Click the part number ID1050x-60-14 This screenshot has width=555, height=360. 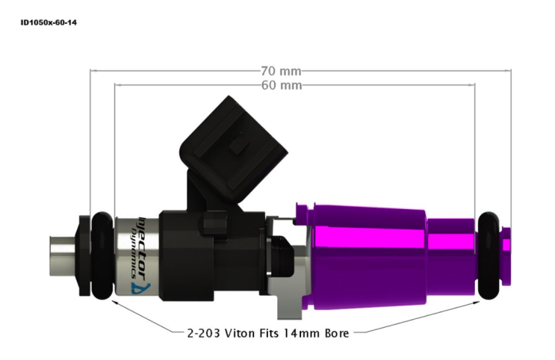(49, 22)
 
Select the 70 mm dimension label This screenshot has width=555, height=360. (281, 71)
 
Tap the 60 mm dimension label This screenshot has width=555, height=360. (282, 85)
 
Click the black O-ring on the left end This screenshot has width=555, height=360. (102, 255)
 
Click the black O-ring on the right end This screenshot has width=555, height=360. (489, 255)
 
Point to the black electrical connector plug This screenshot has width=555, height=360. (233, 149)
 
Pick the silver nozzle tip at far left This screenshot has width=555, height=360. (62, 255)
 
